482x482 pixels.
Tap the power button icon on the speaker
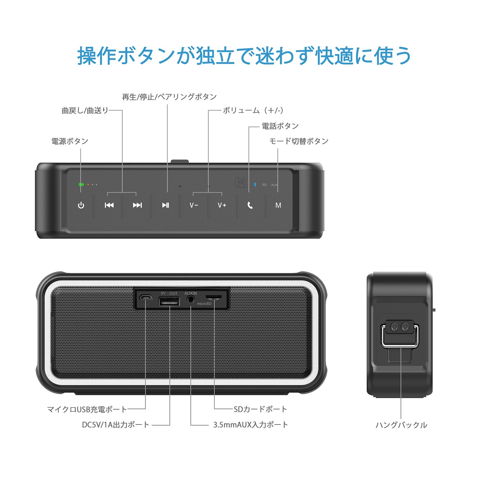click(81, 205)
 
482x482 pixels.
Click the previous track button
click(109, 205)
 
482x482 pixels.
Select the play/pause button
click(165, 205)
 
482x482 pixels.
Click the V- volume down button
click(194, 205)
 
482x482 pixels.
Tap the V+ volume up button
click(222, 205)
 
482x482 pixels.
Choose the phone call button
click(250, 205)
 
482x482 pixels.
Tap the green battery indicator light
click(81, 184)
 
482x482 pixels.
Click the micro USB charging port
click(146, 297)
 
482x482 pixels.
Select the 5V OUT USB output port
click(169, 301)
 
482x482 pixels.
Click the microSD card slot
click(213, 297)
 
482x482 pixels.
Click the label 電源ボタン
click(70, 141)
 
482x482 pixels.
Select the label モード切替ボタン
click(299, 141)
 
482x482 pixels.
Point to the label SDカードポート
click(260, 409)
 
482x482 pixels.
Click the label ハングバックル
click(401, 425)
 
